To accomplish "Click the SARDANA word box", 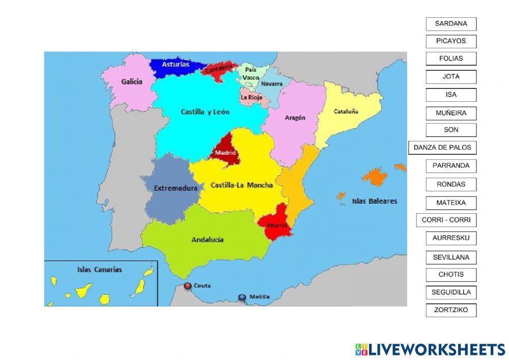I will coord(451,24).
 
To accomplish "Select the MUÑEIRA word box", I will coord(451,113).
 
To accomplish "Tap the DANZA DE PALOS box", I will coord(442,148).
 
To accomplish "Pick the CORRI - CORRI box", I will coord(446,220).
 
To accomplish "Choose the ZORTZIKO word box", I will coord(451,310).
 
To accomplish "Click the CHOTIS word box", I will coord(451,274).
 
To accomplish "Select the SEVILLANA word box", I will coord(451,257).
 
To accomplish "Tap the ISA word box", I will coord(451,95).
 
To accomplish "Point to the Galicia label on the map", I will coord(132,81).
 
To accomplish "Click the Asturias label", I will coord(176,65).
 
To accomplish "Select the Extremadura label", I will coord(176,188).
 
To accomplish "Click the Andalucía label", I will coord(207,240).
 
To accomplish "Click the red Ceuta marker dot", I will coord(188,286).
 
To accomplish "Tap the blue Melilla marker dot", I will coord(242,297).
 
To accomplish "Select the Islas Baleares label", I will coord(374,201).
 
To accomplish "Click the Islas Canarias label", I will coord(99,270).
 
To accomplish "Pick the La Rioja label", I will coord(251,97).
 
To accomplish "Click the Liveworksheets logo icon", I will coord(361,349).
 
